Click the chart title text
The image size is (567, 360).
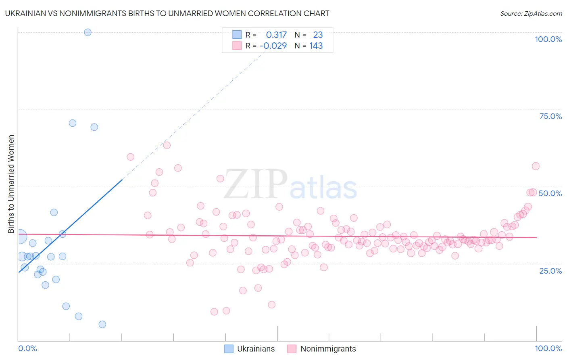167,13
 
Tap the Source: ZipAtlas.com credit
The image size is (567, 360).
531,13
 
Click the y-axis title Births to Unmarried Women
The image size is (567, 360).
11,184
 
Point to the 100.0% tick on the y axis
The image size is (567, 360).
548,39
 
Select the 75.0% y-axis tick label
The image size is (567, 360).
550,116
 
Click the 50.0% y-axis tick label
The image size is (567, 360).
550,193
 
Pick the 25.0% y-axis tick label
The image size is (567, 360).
550,271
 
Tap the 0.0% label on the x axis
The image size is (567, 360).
27,348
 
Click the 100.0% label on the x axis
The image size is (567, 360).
548,348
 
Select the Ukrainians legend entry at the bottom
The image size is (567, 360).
250,349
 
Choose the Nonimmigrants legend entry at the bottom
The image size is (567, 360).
321,349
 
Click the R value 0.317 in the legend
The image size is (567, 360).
276,35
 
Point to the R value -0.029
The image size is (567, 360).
273,46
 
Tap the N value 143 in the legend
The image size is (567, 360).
316,46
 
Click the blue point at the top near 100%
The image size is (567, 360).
88,32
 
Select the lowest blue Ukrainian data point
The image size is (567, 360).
102,324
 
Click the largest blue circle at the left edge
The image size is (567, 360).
20,237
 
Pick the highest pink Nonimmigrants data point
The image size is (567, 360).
167,145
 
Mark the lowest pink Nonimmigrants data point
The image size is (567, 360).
214,312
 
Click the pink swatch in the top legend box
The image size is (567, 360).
237,46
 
